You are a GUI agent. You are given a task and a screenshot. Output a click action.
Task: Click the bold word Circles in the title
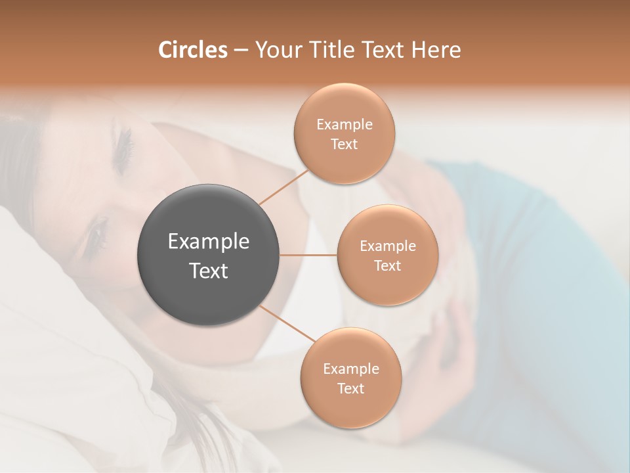click(192, 50)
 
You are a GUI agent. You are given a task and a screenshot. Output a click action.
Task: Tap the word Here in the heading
click(436, 50)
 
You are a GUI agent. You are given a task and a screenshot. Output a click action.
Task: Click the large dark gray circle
click(209, 255)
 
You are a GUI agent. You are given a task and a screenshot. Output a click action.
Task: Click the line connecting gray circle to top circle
click(283, 187)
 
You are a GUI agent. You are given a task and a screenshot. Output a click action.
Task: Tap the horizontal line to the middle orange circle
click(308, 255)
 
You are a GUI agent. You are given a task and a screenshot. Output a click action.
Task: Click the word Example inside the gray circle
click(209, 242)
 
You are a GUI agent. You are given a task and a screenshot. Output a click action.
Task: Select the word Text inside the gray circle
click(209, 271)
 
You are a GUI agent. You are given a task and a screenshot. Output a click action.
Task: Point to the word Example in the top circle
click(345, 125)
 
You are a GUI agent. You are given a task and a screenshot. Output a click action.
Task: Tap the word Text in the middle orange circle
click(387, 266)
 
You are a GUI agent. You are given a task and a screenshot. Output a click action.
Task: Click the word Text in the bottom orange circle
click(350, 389)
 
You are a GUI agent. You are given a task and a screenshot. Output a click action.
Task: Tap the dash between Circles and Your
click(241, 50)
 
